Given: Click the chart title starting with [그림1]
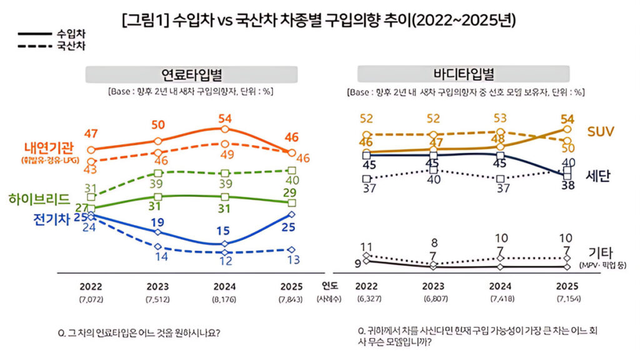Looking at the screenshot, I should pos(319,21).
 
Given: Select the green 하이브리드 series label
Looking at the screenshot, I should pos(39,199).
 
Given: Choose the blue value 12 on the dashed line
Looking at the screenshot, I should pos(224,261).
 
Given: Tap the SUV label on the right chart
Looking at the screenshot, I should pos(601,131).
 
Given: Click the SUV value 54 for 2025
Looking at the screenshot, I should pos(567,119).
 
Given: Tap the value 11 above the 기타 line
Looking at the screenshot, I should pos(367,246).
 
